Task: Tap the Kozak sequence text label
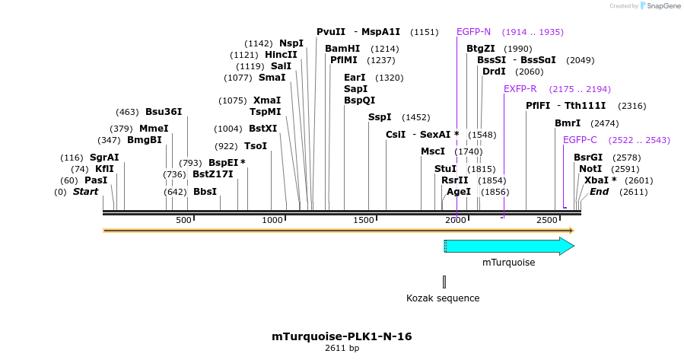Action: [x=443, y=298]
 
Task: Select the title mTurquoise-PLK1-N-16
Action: [x=342, y=336]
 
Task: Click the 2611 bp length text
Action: [x=342, y=349]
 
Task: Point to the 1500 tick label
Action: [x=364, y=220]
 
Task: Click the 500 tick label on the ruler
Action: [x=183, y=220]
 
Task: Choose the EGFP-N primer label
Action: [x=473, y=32]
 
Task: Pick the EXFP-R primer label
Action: [x=520, y=89]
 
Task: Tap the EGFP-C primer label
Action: [x=580, y=139]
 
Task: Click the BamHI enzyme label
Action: [x=342, y=48]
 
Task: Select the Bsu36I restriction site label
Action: [x=164, y=112]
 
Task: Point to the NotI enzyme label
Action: [x=590, y=168]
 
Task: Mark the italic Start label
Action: [x=85, y=192]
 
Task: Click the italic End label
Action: [x=599, y=192]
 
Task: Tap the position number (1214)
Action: [x=385, y=49]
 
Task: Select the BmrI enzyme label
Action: [x=568, y=123]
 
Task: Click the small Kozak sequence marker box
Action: [x=444, y=282]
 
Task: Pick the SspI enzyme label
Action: [x=380, y=117]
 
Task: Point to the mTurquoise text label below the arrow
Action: [x=508, y=263]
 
